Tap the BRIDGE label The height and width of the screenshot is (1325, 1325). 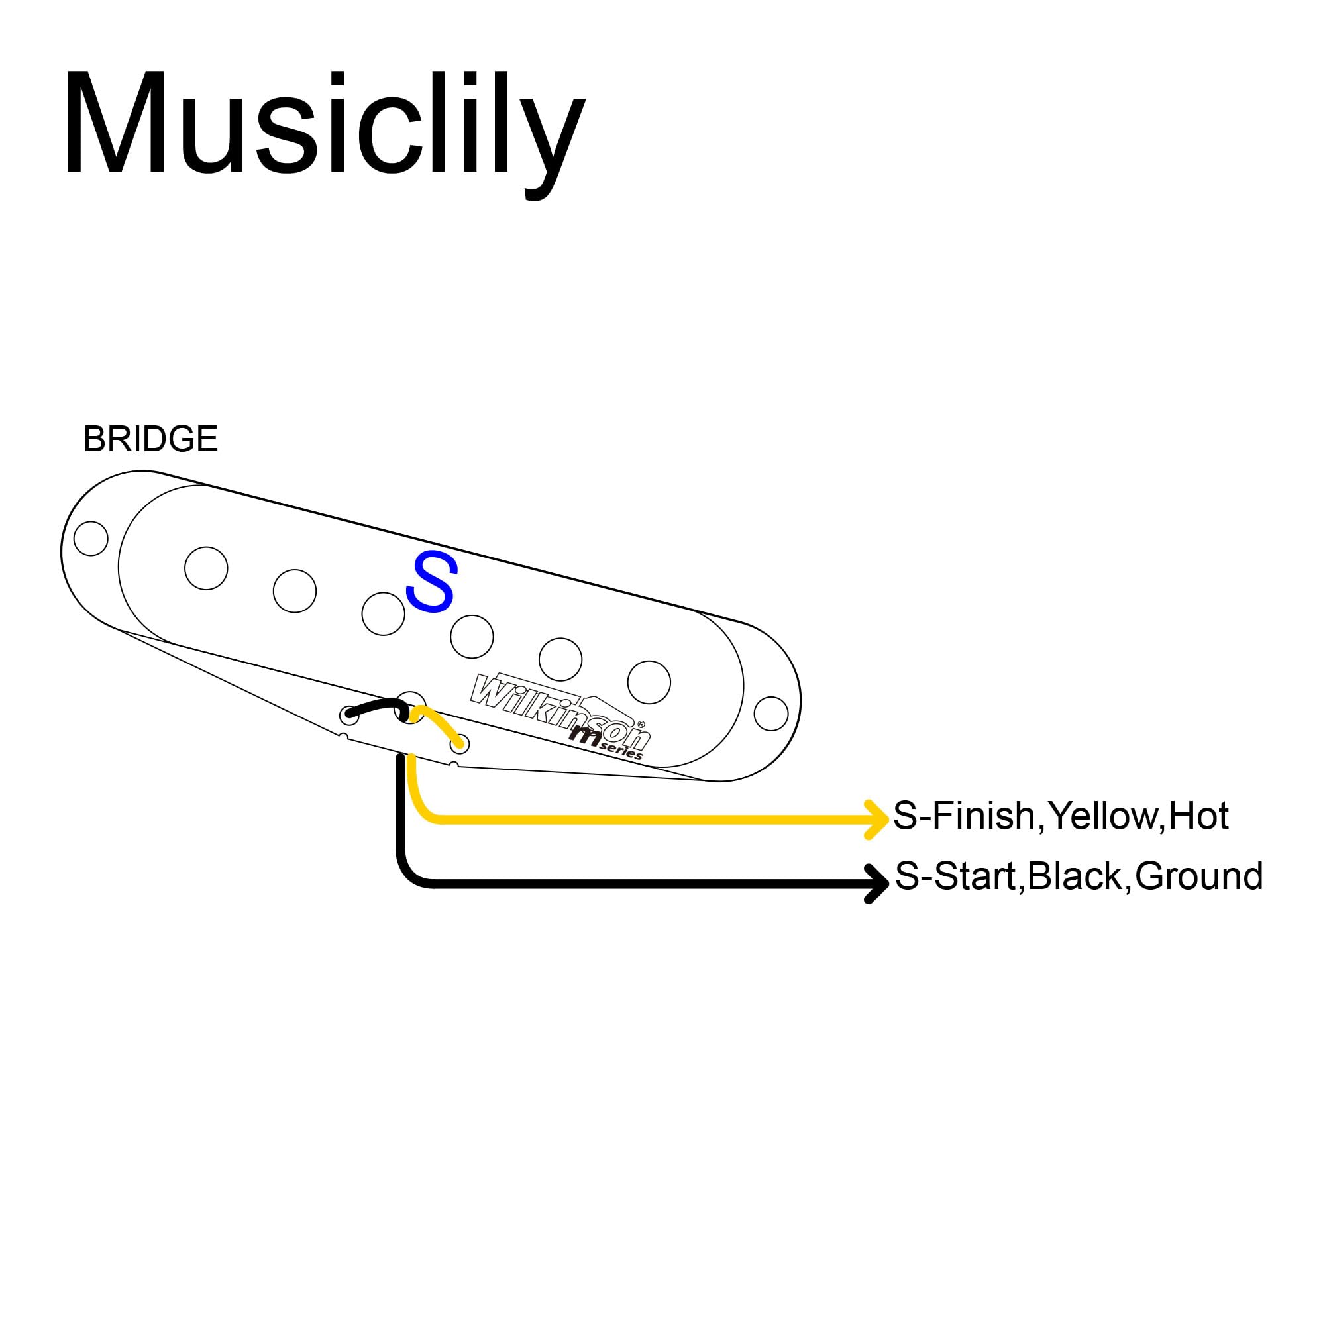point(150,439)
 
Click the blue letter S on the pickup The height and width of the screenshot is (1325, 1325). point(431,582)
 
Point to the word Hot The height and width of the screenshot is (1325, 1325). point(1198,816)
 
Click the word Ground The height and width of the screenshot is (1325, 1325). point(1200,876)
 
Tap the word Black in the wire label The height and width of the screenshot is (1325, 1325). point(1075,876)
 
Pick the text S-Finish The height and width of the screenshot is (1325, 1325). point(963,816)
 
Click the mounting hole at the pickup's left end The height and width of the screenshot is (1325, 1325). point(91,539)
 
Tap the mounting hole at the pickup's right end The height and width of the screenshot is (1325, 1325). point(771,714)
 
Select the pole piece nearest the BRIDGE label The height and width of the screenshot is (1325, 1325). point(207,568)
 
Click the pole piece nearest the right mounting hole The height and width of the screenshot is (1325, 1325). point(649,682)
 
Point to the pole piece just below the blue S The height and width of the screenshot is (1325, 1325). point(472,637)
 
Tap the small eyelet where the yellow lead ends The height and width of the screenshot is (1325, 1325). point(460,743)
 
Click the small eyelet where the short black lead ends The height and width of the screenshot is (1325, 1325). point(349,715)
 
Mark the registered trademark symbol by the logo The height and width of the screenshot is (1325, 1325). point(641,723)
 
